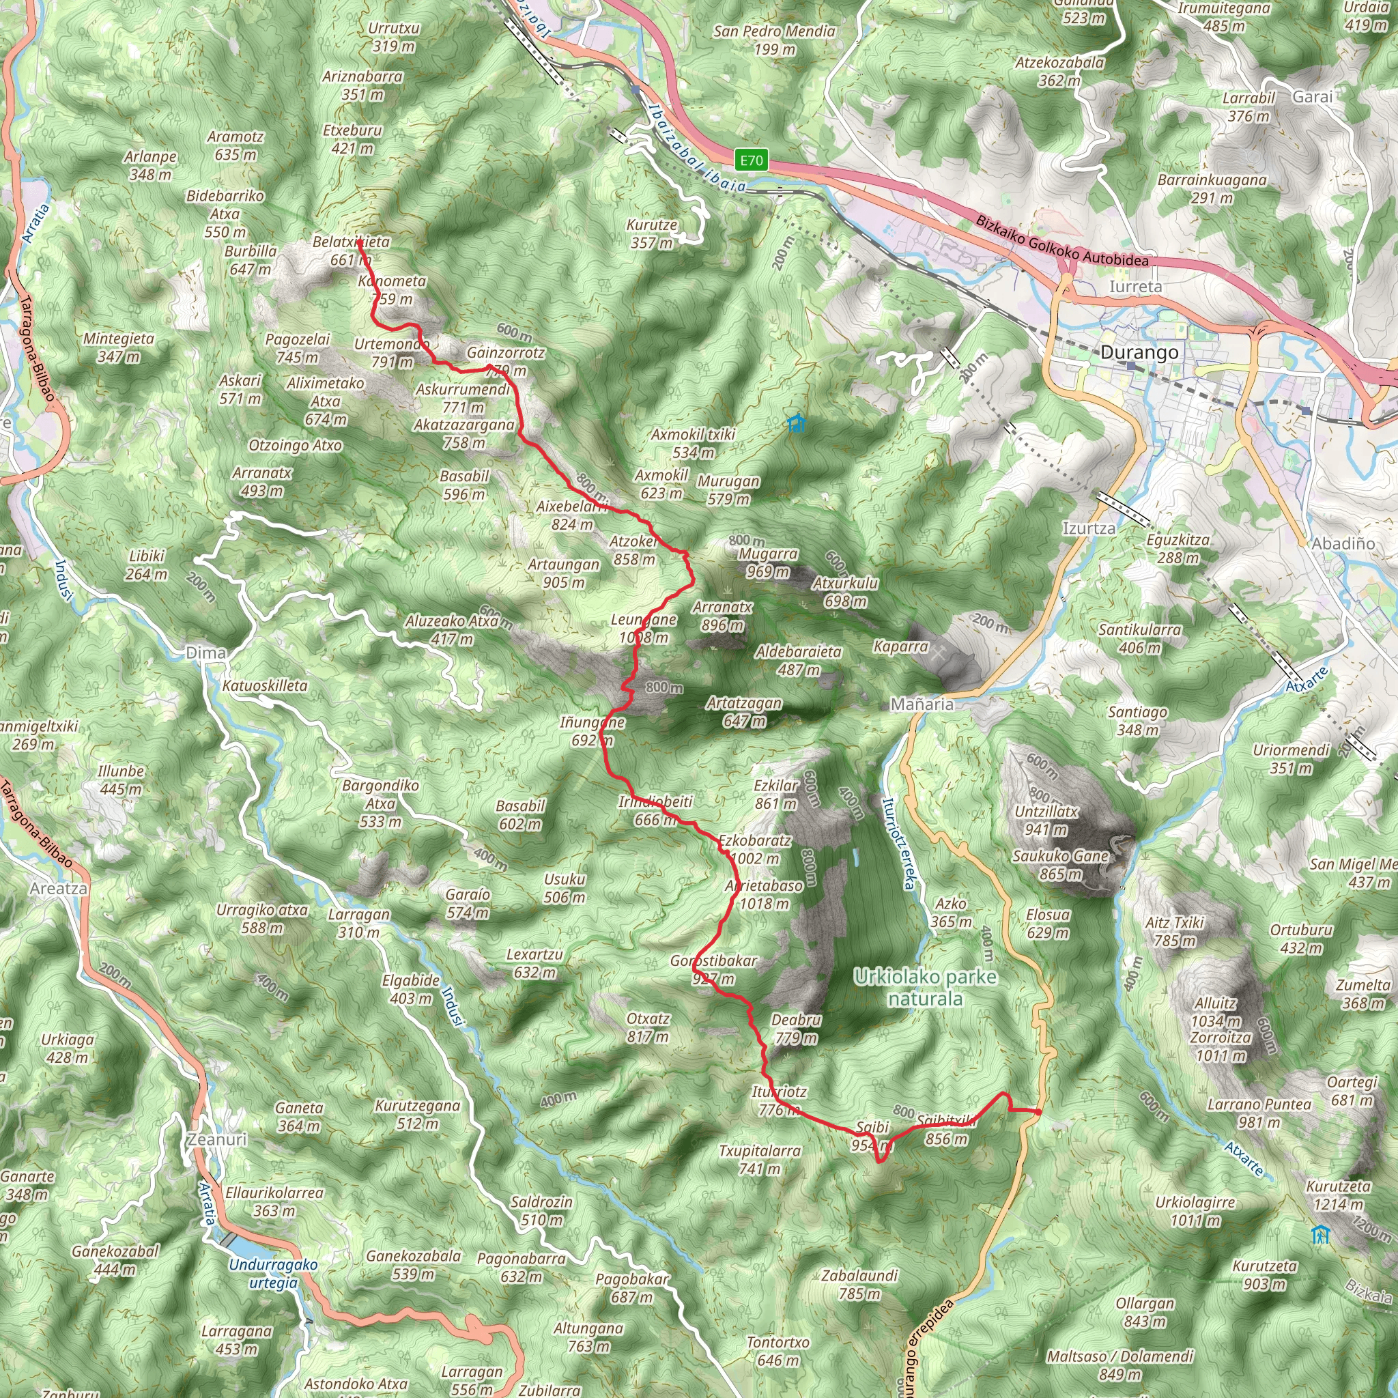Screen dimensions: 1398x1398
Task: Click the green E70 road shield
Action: coord(751,160)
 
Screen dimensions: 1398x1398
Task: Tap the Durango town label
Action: coord(1139,352)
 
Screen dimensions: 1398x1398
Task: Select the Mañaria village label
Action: coord(922,704)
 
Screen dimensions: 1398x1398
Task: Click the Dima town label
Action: coord(205,653)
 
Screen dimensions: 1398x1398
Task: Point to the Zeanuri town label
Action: coord(217,1140)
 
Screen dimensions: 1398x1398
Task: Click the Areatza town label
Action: coord(59,889)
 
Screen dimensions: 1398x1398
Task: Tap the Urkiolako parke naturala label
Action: coord(926,988)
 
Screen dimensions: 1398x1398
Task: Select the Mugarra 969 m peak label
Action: coord(768,563)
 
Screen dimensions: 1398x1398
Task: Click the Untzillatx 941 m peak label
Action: coord(1046,821)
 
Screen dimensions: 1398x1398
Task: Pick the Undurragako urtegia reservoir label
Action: coord(273,1274)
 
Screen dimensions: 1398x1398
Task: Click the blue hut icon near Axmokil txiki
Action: coord(796,423)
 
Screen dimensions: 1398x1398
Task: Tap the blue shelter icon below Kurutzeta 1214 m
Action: coord(1321,1234)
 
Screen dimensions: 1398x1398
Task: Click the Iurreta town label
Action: coord(1135,287)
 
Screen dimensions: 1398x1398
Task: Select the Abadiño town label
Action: coord(1343,543)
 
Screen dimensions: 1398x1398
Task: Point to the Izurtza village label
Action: coord(1089,528)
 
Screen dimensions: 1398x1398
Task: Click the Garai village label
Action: coord(1313,96)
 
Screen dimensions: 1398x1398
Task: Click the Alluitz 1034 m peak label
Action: coord(1216,1012)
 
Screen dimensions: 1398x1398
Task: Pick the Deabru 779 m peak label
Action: coord(796,1029)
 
